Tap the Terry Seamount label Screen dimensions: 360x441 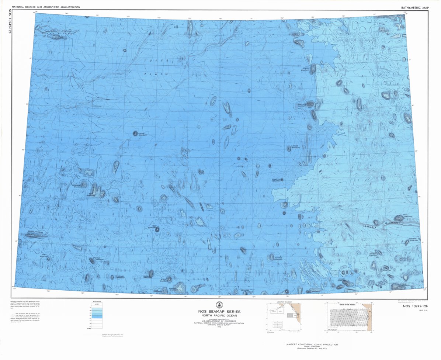[x=152, y=227]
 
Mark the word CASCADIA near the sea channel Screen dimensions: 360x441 [x=370, y=226]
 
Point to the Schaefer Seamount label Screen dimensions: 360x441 [x=413, y=239]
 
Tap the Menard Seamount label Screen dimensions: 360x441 [x=342, y=280]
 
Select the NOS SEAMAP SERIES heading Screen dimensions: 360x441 [x=219, y=312]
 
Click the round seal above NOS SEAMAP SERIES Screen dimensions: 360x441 [x=220, y=305]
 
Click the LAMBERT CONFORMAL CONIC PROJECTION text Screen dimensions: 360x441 [x=312, y=345]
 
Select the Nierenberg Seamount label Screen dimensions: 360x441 [x=78, y=187]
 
